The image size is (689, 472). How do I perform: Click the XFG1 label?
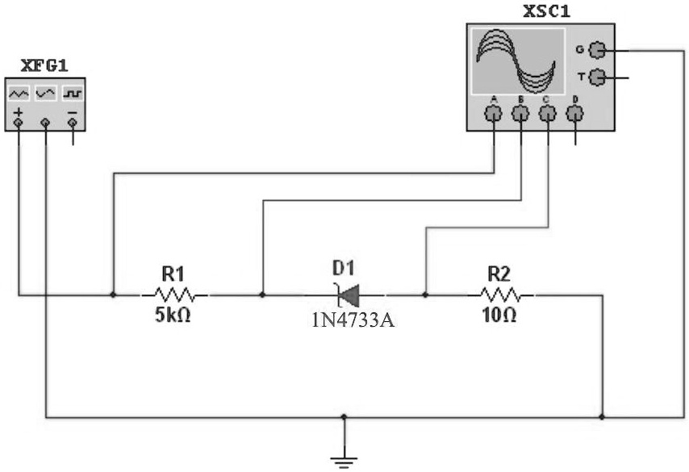pyautogui.click(x=44, y=65)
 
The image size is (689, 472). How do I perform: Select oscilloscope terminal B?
pyautogui.click(x=521, y=115)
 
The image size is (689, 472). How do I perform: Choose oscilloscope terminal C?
pyautogui.click(x=548, y=115)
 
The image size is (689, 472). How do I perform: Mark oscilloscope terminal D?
pyautogui.click(x=575, y=115)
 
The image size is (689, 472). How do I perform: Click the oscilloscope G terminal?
pyautogui.click(x=597, y=51)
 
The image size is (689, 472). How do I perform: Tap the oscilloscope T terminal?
pyautogui.click(x=597, y=77)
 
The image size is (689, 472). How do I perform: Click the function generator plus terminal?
pyautogui.click(x=19, y=123)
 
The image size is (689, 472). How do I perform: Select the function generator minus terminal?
pyautogui.click(x=74, y=123)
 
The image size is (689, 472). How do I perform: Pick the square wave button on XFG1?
pyautogui.click(x=73, y=93)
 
